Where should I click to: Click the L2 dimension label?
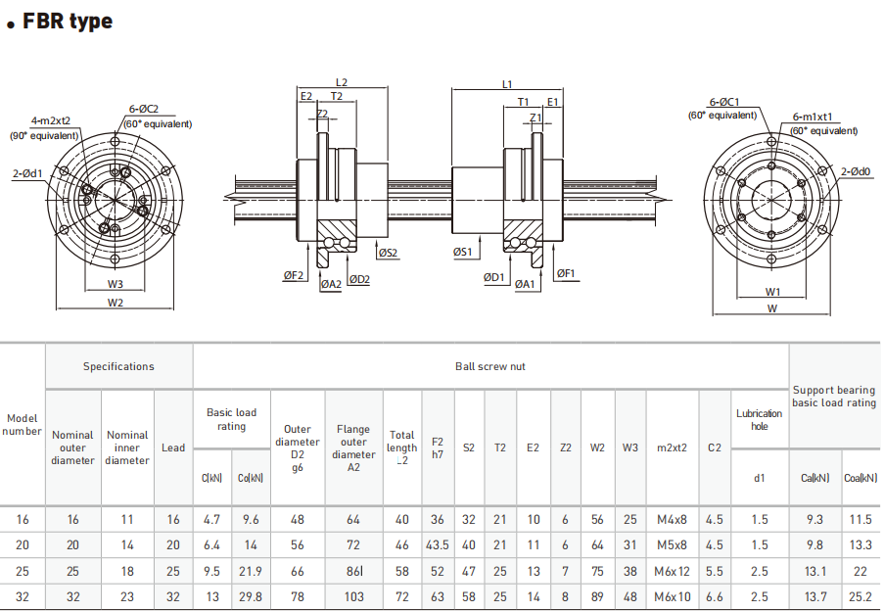(342, 83)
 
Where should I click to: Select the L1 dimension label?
(507, 85)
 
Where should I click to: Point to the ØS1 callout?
(463, 253)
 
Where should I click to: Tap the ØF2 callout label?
(294, 277)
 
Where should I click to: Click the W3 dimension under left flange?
(116, 285)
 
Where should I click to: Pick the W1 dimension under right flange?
(772, 292)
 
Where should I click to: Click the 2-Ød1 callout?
(27, 173)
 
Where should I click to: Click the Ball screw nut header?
(490, 366)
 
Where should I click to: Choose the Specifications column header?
(118, 366)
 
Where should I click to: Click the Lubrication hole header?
(759, 419)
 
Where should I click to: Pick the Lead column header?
(173, 447)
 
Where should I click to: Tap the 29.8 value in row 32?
(251, 596)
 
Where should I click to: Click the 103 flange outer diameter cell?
(353, 596)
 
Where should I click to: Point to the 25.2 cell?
(861, 596)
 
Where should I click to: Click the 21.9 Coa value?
(251, 571)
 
